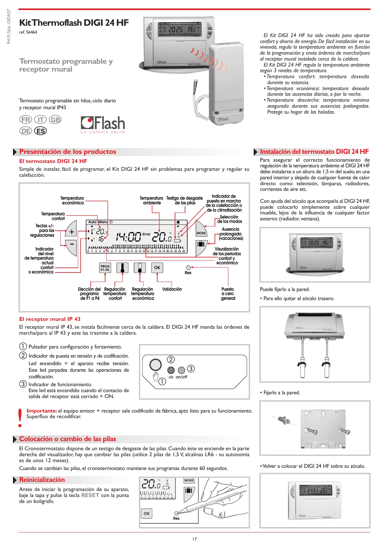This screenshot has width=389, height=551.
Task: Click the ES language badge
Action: point(40,131)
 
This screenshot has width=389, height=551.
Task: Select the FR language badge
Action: point(26,120)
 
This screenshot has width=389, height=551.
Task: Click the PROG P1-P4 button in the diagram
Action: point(105,268)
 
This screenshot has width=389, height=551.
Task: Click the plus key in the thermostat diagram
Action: point(72,232)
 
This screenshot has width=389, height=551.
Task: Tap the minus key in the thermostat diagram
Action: point(72,244)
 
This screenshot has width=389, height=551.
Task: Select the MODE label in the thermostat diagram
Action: point(201,233)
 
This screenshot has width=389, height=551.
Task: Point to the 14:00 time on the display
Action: point(129,236)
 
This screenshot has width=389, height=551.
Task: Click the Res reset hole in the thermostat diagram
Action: point(188,268)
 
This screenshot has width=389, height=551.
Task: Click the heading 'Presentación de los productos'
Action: point(67,152)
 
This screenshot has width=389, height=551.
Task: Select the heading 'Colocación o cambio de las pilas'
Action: point(67,439)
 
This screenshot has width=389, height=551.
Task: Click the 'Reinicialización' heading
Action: point(42,480)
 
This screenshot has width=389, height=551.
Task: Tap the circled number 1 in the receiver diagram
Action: point(162,381)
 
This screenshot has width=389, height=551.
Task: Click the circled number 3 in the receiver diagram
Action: point(191,368)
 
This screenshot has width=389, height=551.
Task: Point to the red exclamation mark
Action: point(20,417)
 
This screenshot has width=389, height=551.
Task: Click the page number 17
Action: point(194,539)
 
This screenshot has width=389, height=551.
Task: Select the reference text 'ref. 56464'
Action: point(28,32)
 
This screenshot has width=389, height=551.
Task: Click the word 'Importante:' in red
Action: point(42,411)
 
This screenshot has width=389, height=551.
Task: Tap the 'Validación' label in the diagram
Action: point(172,289)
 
